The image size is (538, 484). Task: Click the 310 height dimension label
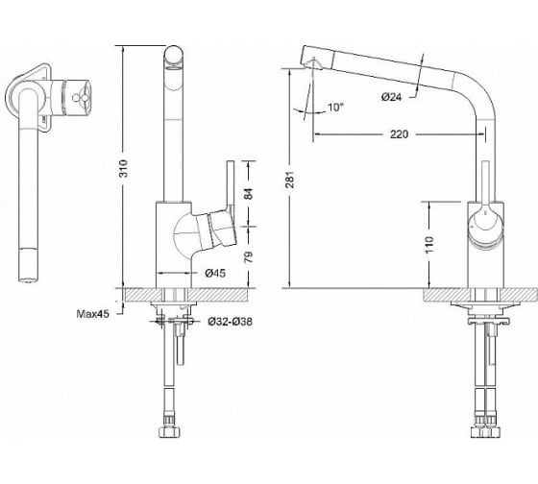tap(123, 168)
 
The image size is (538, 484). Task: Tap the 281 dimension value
tap(290, 180)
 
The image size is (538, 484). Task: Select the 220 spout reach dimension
tap(399, 133)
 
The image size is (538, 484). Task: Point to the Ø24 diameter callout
tap(391, 97)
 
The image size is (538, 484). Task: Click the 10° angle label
tap(335, 108)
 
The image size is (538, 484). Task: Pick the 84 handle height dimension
tap(249, 194)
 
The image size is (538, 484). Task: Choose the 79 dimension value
tap(249, 257)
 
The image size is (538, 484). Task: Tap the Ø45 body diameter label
tap(215, 273)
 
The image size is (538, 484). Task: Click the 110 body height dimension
tap(429, 245)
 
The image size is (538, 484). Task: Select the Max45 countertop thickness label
tap(92, 313)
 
